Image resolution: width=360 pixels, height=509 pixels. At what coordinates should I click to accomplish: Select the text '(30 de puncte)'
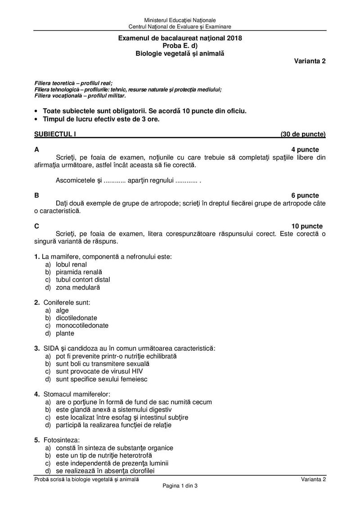tap(303, 134)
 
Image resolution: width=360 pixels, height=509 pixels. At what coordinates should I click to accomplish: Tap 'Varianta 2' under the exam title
tap(310, 62)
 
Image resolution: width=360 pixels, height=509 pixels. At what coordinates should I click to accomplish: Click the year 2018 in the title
tap(234, 38)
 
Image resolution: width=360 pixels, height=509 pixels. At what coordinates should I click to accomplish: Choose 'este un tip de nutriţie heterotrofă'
tap(106, 455)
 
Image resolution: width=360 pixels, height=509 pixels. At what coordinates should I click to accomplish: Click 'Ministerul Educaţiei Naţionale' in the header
tap(180, 20)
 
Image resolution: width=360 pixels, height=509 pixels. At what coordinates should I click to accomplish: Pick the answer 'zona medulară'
tap(78, 287)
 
